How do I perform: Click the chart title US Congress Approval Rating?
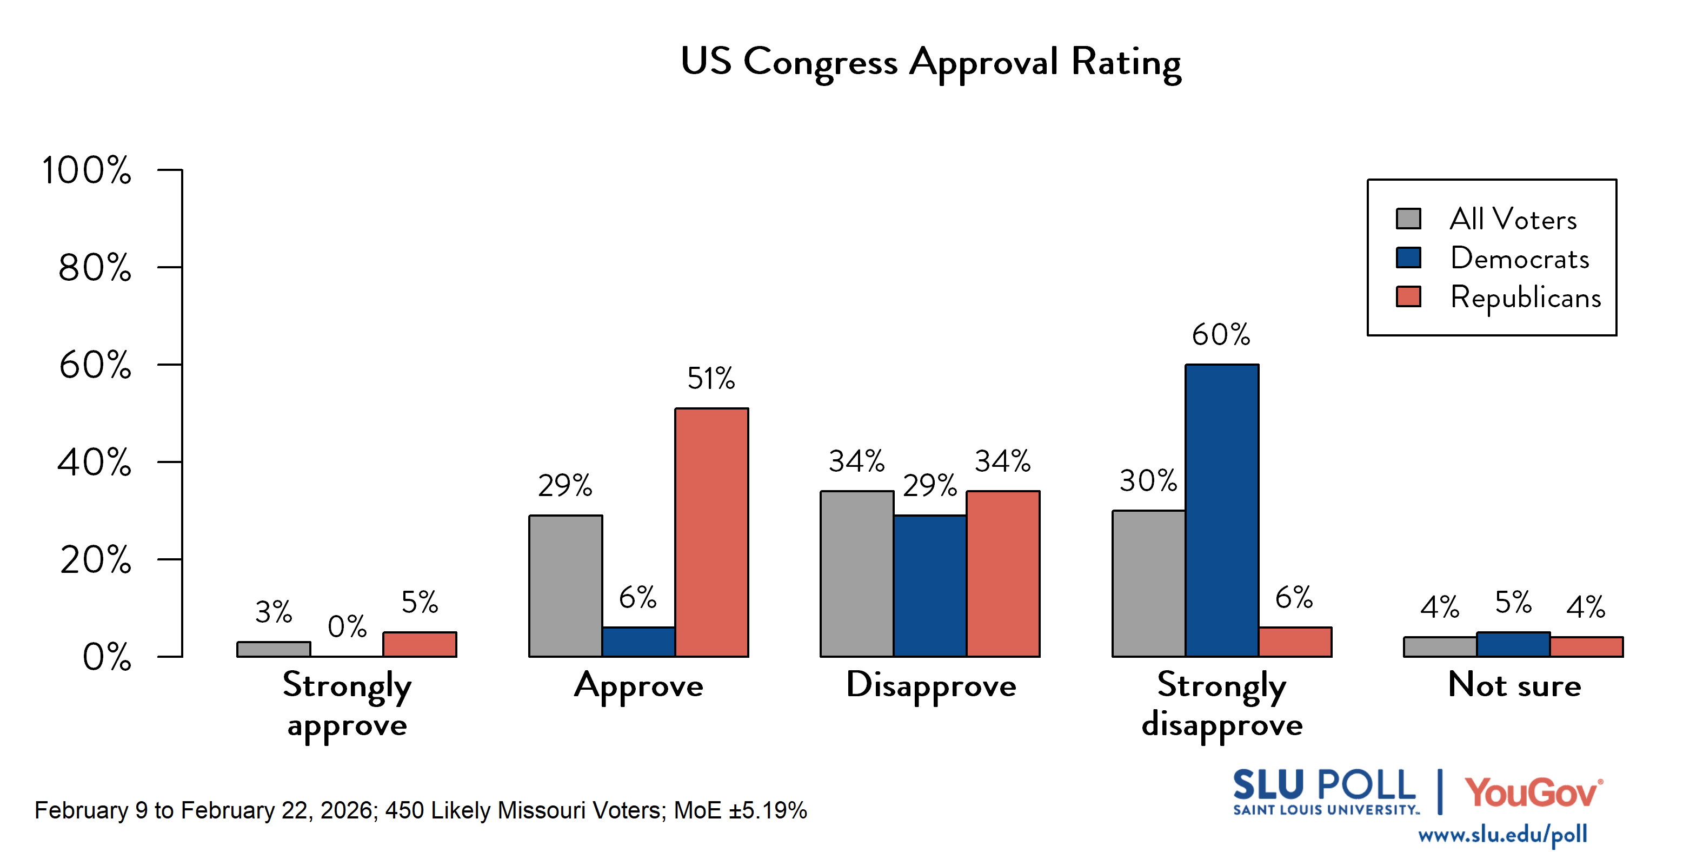(931, 62)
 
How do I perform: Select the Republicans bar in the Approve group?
(711, 532)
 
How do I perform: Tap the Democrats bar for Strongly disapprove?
(1222, 510)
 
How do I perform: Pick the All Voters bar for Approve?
(566, 586)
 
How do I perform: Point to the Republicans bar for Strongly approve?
(420, 644)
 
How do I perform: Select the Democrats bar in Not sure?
(1513, 644)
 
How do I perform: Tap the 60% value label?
(1221, 335)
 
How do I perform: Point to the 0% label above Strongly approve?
(347, 626)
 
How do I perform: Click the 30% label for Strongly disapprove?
(1148, 481)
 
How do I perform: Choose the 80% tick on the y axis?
(95, 268)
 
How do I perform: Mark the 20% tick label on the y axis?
(95, 560)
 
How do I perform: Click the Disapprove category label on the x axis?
(931, 685)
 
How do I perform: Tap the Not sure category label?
(1514, 685)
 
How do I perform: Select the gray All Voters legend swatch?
(1408, 219)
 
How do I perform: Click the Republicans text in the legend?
(1526, 298)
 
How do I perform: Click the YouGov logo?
(1533, 792)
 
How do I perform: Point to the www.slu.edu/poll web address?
(1502, 835)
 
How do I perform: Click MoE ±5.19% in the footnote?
(741, 810)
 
